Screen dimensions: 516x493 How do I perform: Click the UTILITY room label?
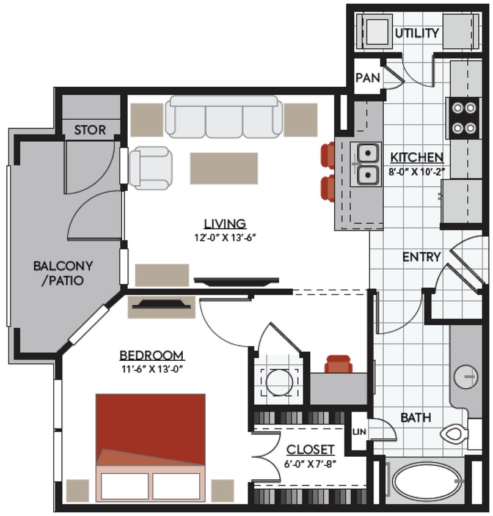pos(417,33)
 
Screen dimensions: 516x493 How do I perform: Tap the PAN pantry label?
pos(368,78)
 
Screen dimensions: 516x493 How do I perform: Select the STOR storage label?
pos(90,130)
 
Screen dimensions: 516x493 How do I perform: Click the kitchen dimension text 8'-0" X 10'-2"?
pos(417,171)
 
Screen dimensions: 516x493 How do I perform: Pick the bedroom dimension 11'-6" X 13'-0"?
pos(152,369)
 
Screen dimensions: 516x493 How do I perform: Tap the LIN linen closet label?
pos(359,432)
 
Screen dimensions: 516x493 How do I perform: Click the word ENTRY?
pos(421,257)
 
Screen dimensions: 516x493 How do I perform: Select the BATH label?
pos(416,418)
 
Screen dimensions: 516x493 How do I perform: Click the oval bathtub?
pos(425,481)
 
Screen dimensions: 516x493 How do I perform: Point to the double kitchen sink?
pos(368,164)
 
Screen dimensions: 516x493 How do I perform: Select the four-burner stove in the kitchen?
pos(463,118)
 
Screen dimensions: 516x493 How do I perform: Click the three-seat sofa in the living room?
pos(225,116)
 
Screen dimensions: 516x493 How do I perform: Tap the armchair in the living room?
pos(150,168)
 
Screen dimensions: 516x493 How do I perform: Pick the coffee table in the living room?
pos(224,168)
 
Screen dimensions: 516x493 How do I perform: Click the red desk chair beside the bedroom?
pos(338,364)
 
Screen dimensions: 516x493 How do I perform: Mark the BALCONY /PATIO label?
pos(62,273)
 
